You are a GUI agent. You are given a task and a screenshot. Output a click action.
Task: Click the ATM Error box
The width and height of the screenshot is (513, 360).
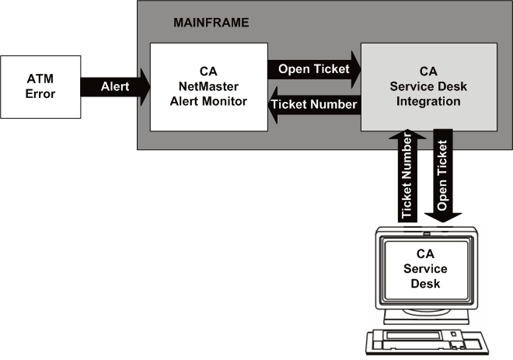(x=41, y=87)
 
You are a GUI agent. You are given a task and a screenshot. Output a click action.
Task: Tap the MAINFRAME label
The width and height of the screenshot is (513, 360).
(x=211, y=23)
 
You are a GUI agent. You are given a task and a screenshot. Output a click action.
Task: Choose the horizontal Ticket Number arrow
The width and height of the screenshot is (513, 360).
(x=315, y=104)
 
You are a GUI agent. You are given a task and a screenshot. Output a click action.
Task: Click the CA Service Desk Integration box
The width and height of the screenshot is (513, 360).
(x=428, y=87)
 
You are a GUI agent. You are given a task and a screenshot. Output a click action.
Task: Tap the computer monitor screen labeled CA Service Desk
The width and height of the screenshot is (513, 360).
(x=425, y=269)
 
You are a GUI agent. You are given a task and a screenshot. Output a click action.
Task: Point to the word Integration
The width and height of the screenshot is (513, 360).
(x=428, y=101)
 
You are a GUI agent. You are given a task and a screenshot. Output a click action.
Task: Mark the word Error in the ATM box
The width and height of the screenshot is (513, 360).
(x=41, y=94)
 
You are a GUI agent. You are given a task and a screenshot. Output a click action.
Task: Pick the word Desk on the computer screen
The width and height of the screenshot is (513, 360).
(x=425, y=283)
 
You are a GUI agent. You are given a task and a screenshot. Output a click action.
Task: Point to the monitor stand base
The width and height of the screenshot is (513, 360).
(x=425, y=319)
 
